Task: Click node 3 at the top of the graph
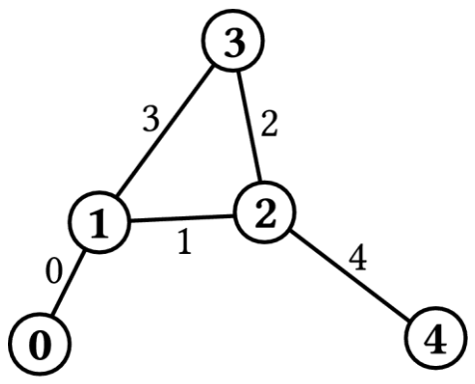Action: [233, 40]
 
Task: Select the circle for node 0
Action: [40, 344]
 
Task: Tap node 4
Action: [436, 338]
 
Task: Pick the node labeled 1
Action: [99, 222]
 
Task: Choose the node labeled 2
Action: [265, 213]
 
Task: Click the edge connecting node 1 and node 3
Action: [165, 133]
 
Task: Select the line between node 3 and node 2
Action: [249, 127]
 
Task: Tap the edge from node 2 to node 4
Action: [350, 275]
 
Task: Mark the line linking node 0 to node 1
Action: [68, 283]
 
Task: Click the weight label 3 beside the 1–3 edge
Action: [151, 119]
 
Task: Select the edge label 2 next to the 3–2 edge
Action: [269, 124]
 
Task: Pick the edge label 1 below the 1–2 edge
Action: [185, 243]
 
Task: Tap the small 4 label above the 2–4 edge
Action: [357, 259]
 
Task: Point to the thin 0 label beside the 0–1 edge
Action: [54, 271]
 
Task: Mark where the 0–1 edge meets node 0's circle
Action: [53, 315]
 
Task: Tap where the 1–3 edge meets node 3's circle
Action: [214, 67]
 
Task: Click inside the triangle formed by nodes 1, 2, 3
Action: [200, 160]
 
